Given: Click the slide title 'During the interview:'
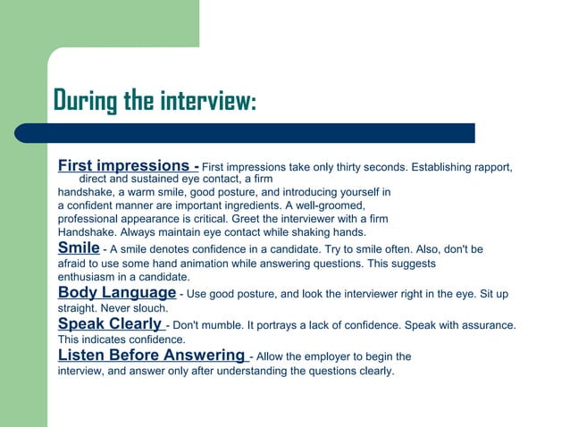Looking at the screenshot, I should click(x=155, y=101).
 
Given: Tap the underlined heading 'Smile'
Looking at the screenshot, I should click(x=78, y=247).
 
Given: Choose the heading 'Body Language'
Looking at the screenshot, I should click(x=116, y=292).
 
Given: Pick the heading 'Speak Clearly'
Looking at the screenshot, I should click(x=109, y=323).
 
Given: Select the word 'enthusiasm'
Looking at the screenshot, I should click(x=88, y=277).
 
